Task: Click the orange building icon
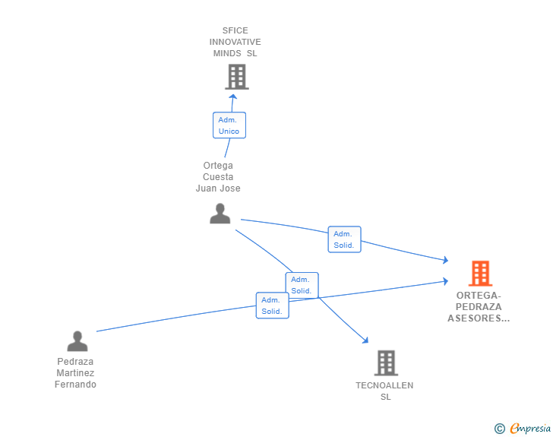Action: (480, 273)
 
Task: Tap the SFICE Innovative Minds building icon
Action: (237, 77)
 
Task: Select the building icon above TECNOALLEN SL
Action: (386, 363)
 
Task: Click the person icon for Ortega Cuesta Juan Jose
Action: (220, 214)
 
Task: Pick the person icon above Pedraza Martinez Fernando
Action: (77, 341)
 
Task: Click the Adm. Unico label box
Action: (229, 125)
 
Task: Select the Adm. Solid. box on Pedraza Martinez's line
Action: (272, 306)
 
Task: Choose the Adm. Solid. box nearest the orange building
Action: (345, 239)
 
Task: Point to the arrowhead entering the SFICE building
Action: (232, 97)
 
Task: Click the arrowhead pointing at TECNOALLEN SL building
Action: (365, 340)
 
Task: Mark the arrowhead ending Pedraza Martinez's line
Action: (445, 281)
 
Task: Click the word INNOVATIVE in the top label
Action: (235, 42)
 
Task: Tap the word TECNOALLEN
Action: (384, 385)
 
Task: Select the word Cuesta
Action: (218, 177)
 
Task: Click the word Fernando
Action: (75, 385)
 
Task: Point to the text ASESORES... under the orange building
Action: (479, 318)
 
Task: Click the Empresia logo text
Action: (530, 429)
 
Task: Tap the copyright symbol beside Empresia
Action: (500, 429)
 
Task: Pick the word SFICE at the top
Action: (235, 30)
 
